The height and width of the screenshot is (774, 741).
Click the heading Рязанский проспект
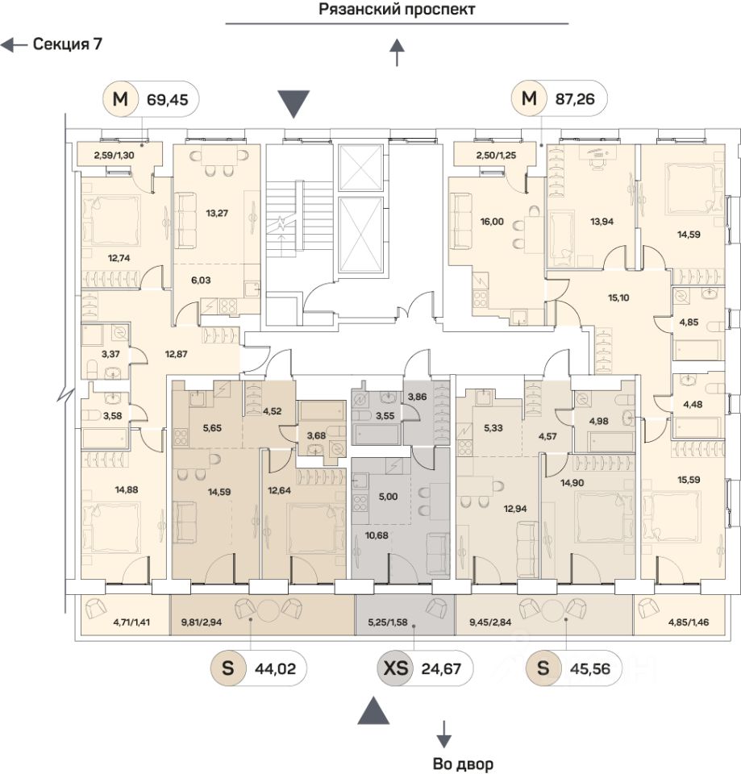[397, 10]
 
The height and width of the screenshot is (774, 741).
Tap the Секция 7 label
[67, 44]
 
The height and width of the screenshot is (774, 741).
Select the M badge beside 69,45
[120, 100]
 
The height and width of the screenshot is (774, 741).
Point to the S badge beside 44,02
[228, 668]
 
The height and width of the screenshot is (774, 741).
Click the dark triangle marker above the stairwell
[293, 104]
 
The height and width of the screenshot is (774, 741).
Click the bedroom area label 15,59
[687, 481]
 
